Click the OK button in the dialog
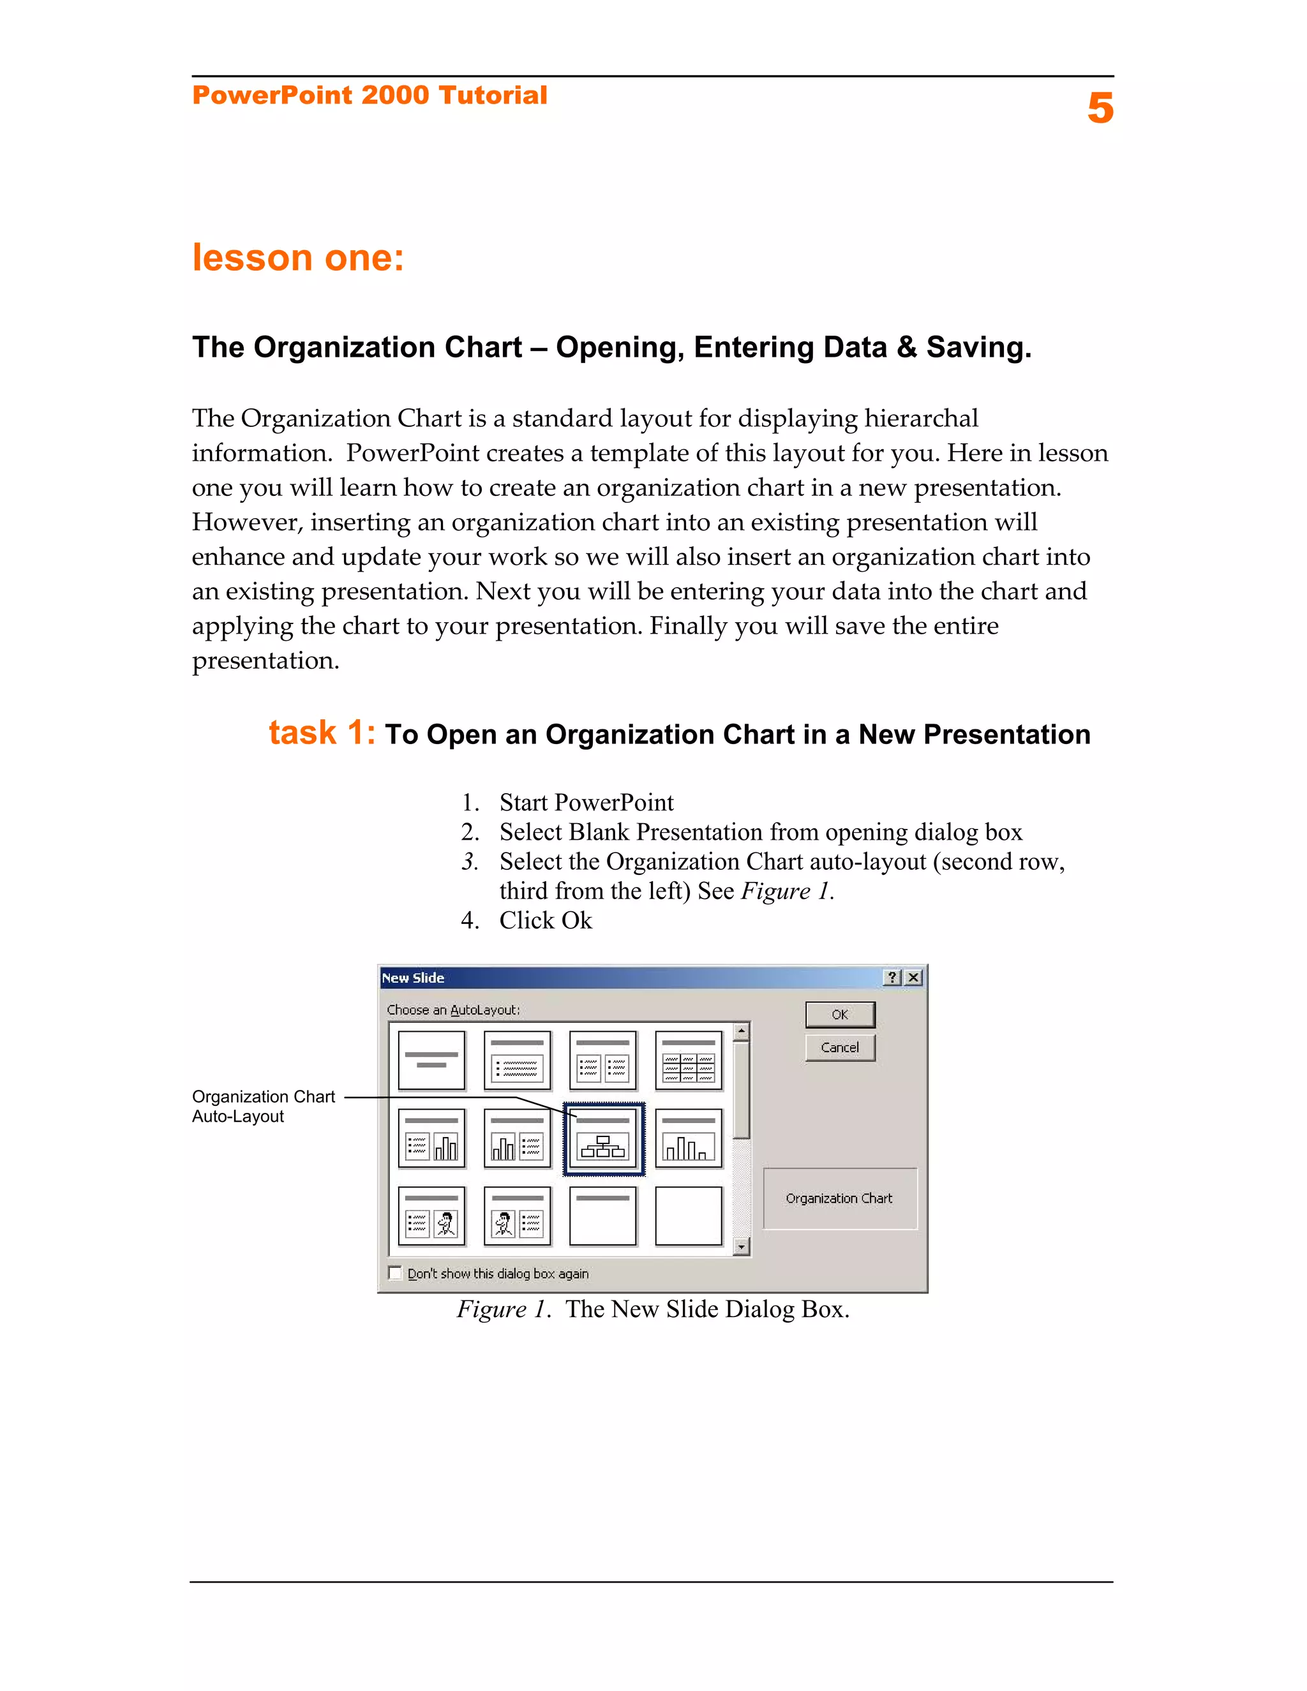[839, 1015]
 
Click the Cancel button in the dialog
[839, 1048]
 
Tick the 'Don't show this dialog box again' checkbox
[396, 1273]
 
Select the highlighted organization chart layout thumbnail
[603, 1139]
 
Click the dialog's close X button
[914, 978]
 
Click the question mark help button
[893, 978]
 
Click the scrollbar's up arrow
[742, 1031]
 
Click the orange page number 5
[1100, 108]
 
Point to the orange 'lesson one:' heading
[298, 258]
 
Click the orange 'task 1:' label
[322, 733]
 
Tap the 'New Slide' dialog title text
[413, 978]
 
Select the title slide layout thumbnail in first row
[431, 1060]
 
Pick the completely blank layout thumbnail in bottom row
[689, 1216]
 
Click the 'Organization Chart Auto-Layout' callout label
[264, 1106]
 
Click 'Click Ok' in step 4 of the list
[545, 921]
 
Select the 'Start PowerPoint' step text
[586, 802]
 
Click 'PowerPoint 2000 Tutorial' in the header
[370, 95]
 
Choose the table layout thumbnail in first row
[689, 1060]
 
